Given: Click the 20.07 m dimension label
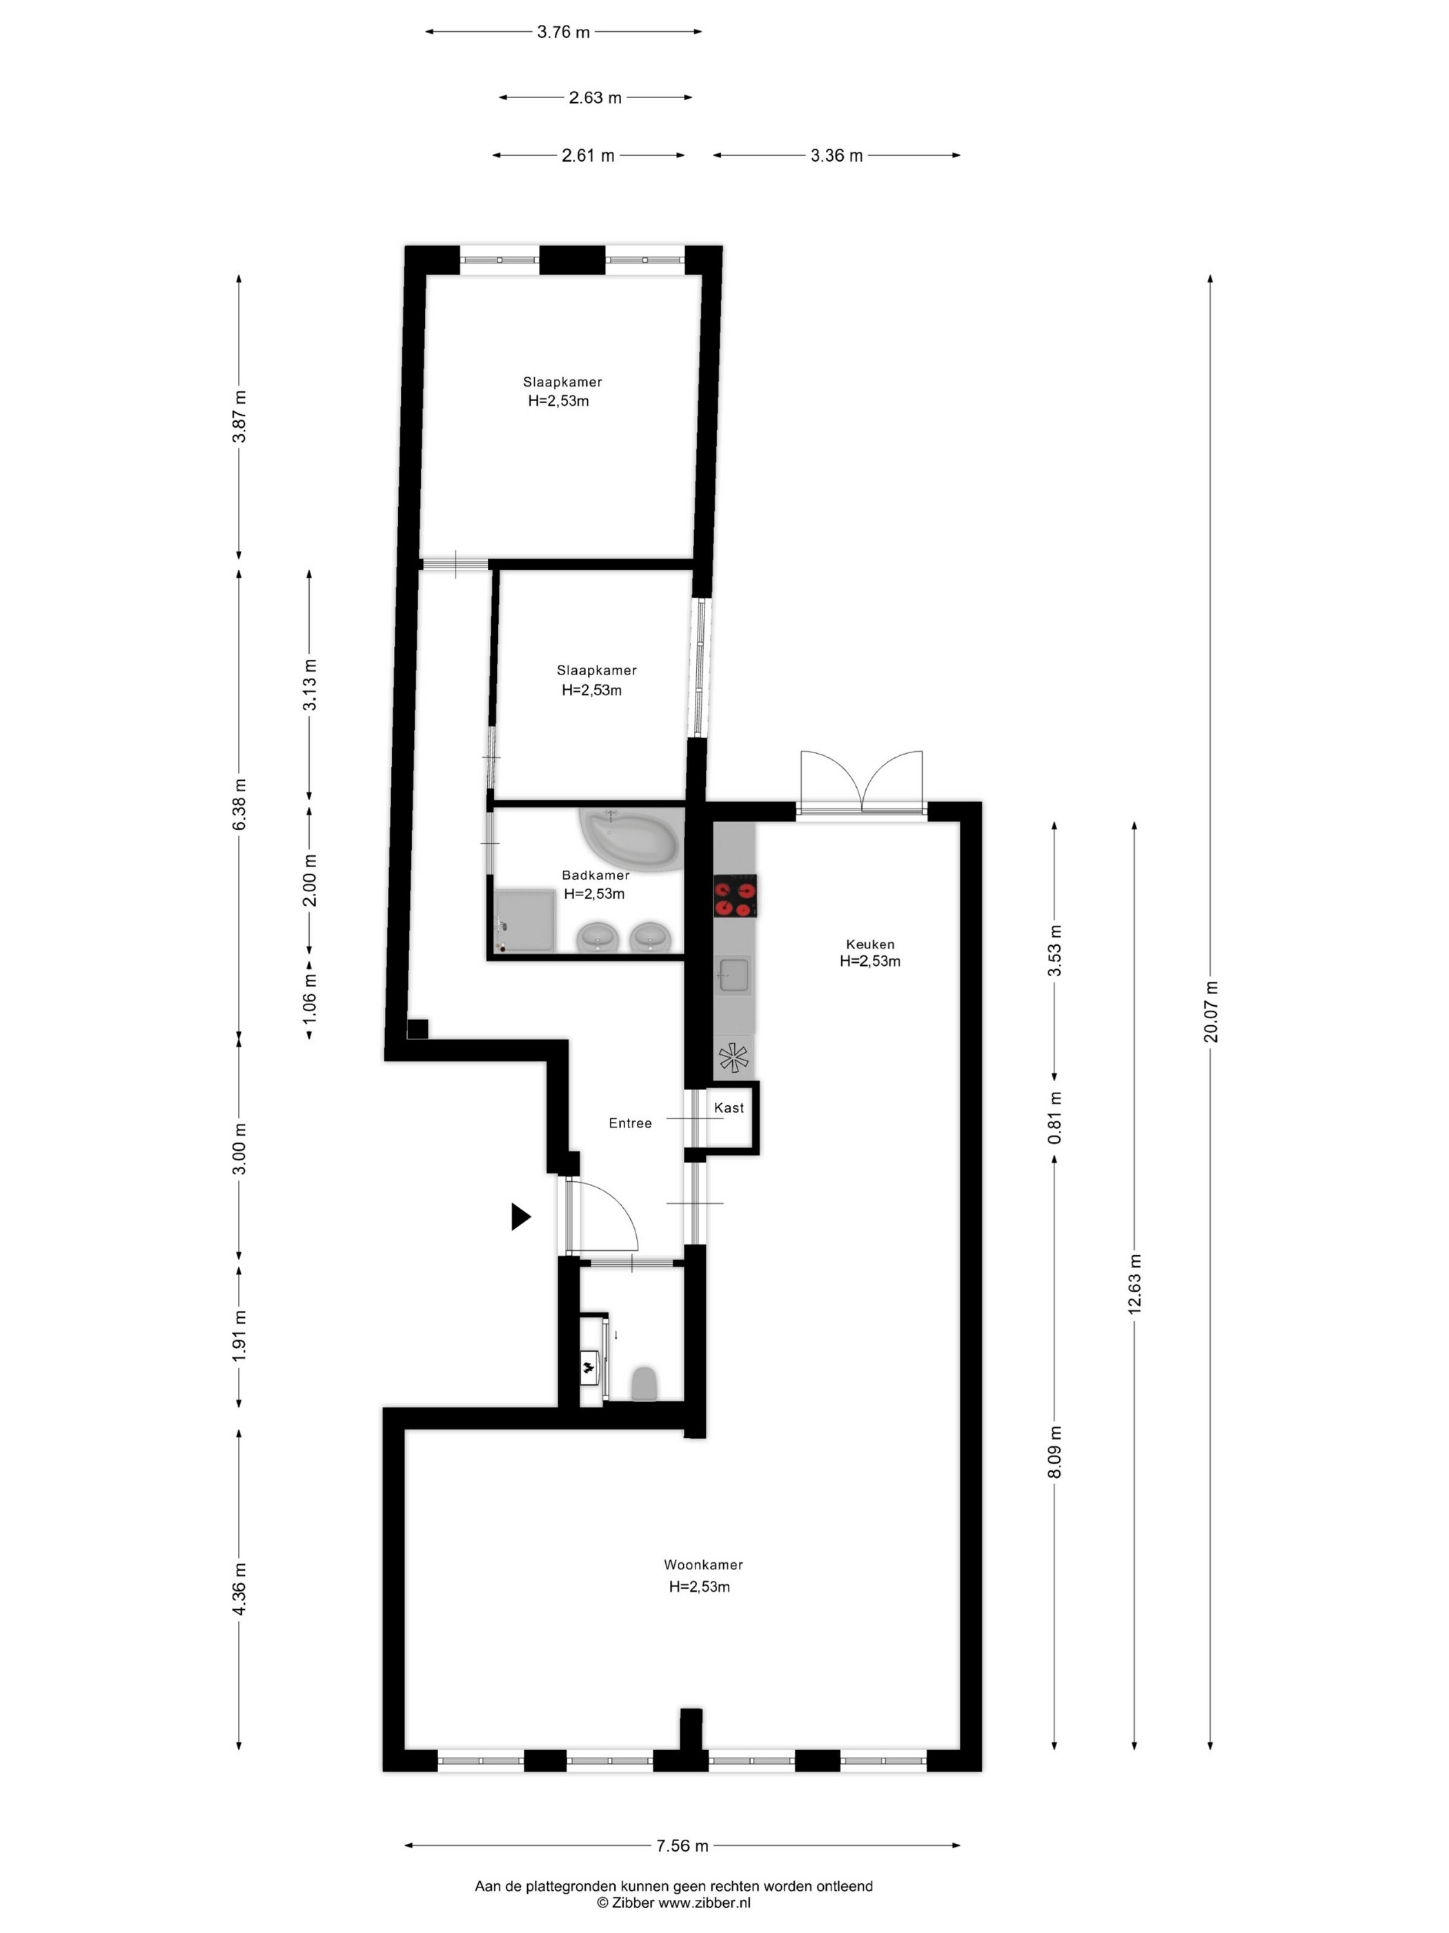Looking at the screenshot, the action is coord(1210,1012).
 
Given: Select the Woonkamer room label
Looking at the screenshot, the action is coord(703,1565).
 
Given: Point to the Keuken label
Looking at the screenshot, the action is coord(870,944).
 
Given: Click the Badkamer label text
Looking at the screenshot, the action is coord(595,875).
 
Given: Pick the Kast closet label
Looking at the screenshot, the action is coord(729,1108).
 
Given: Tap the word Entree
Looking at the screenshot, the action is coord(631,1124).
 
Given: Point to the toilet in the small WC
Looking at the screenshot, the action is coord(644,1383).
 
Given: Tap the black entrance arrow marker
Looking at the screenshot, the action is coord(520,1216).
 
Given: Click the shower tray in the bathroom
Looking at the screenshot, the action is coord(525,920).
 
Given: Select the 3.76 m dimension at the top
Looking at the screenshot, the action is coord(563,32).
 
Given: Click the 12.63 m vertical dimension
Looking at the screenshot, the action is coord(1134,1285).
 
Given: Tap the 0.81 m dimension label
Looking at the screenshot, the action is coord(1055,1118).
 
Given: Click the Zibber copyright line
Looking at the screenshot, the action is coord(673,1903).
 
